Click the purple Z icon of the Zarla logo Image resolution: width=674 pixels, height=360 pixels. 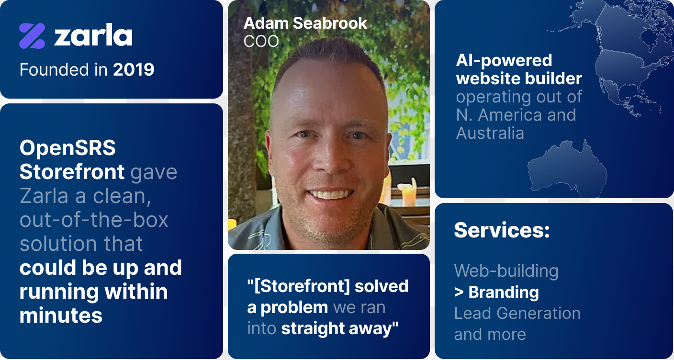(32, 36)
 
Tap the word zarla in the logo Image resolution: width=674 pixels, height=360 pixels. (93, 35)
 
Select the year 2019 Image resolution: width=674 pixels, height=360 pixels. (133, 69)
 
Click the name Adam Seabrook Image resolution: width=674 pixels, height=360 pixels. (305, 23)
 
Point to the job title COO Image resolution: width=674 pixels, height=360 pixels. (261, 41)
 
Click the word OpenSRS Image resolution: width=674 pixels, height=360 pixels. (67, 148)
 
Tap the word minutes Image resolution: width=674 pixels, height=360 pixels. (61, 315)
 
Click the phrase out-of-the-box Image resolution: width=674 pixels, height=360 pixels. (94, 220)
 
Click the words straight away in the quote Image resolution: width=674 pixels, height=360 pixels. (339, 328)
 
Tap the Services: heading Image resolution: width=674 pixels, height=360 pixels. (502, 230)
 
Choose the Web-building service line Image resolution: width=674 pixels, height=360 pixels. (506, 270)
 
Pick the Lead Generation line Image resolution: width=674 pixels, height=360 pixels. (517, 313)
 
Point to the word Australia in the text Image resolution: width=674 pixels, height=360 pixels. (490, 133)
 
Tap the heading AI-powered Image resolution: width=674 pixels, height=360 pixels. (504, 60)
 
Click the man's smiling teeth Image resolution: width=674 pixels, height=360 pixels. (330, 194)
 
